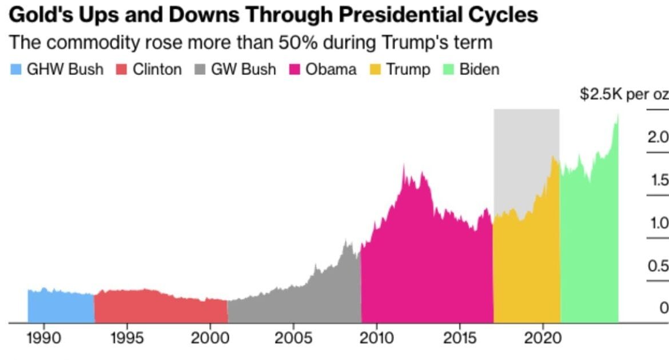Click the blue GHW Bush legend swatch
15,70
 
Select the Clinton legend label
157,70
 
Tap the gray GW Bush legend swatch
200,70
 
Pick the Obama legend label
330,70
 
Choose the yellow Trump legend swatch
375,70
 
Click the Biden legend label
479,70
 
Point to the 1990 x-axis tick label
44,338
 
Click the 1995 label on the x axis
127,338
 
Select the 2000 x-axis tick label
210,338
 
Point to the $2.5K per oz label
623,94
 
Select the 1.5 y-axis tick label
659,181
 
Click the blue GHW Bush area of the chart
61,309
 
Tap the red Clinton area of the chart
160,309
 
